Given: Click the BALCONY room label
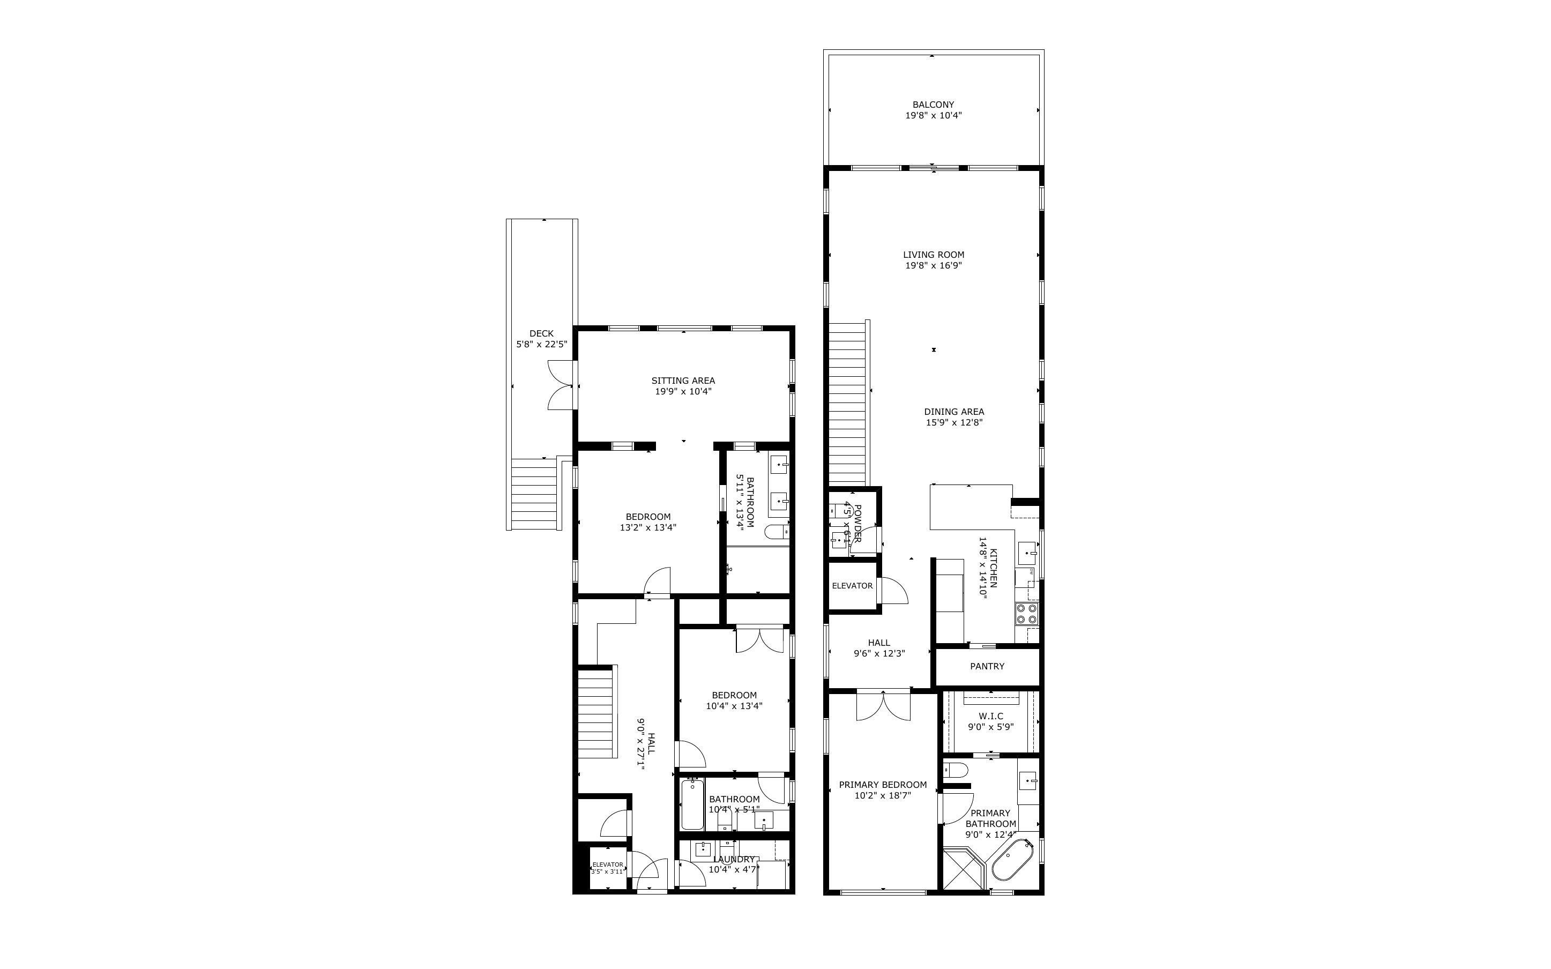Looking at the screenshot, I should pos(933,105).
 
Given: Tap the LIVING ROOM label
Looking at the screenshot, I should pos(934,255).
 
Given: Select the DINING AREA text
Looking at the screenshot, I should pos(954,412).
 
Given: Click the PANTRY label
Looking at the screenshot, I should pos(987,667).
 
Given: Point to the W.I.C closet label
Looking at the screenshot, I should pos(990,716).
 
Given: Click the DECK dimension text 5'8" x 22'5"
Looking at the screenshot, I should pos(541,344).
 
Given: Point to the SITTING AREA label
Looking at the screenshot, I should pos(683,381).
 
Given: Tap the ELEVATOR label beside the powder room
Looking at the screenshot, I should pos(852,586).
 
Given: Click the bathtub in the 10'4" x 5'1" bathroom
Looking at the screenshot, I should pos(692,804).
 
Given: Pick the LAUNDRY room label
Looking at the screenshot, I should pos(734,860).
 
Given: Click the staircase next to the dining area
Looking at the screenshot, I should pos(847,404).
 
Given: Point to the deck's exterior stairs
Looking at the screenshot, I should pos(535,494).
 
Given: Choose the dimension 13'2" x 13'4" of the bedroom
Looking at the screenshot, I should pos(648,528).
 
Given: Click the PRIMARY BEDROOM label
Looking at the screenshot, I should pos(882,785).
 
